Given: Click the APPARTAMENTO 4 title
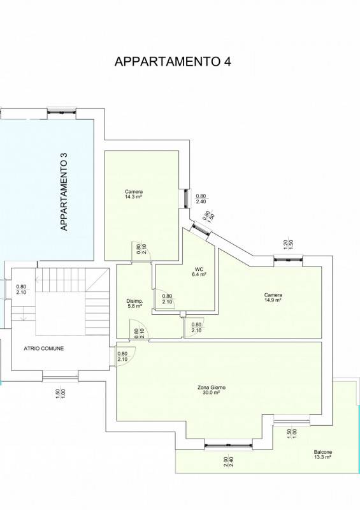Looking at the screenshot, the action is tap(173, 61).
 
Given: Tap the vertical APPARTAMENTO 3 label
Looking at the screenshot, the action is tap(64, 192).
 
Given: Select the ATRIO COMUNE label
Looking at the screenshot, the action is tap(44, 348).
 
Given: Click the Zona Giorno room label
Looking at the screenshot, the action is tap(212, 388).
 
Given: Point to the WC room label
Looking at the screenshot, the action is tap(199, 269).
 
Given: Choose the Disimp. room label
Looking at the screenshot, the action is tap(134, 301).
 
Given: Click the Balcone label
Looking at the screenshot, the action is tap(323, 452).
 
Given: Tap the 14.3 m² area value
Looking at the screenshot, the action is tap(134, 197).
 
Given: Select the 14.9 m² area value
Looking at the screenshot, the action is tap(273, 300).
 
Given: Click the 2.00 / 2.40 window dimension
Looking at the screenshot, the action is tap(228, 461).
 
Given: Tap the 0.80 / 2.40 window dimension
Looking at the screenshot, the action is tap(201, 199).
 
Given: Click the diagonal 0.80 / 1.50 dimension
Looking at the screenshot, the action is tap(208, 216).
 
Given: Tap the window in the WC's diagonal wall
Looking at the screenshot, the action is tap(201, 228).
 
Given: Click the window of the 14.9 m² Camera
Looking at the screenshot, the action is tap(288, 259).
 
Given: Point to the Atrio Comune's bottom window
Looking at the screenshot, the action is tap(60, 377).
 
